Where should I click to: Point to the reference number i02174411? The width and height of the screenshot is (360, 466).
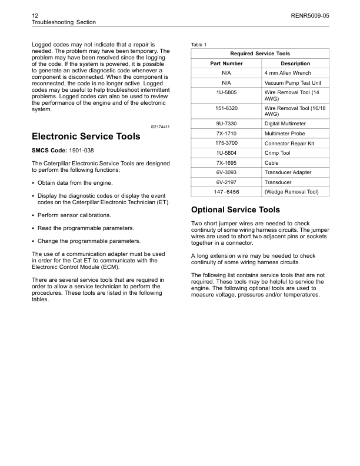(159, 127)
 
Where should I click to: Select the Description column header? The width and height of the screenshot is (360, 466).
(295, 63)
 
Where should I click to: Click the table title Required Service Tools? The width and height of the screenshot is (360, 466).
(260, 54)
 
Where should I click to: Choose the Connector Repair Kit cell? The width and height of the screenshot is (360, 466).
(289, 143)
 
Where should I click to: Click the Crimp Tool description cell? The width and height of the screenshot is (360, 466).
(278, 153)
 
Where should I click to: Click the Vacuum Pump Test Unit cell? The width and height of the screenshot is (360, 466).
(293, 83)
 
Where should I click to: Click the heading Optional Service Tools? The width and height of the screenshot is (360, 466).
(236, 210)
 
